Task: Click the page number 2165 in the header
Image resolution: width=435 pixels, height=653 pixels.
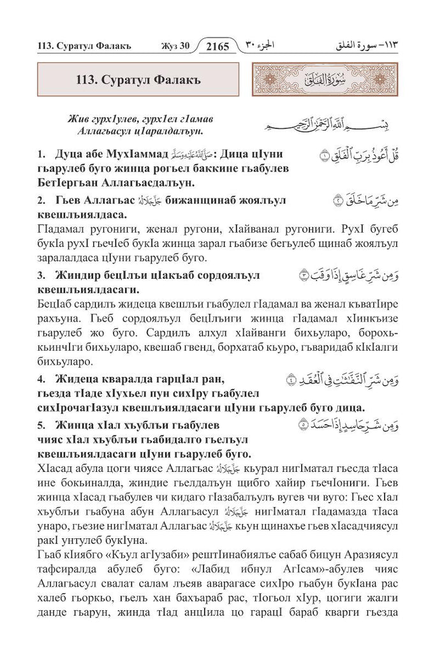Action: (217, 47)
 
